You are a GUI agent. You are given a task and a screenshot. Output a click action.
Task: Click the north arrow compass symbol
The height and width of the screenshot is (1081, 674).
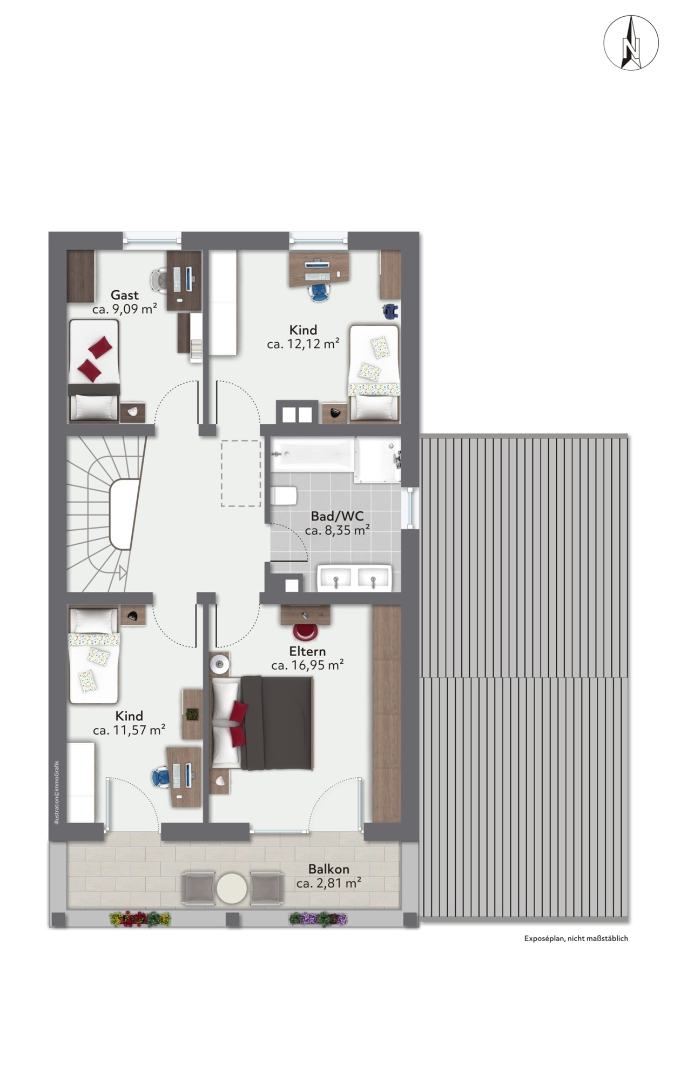pos(630,43)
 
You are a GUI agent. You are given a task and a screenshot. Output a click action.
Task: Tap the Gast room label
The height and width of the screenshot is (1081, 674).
pos(125,295)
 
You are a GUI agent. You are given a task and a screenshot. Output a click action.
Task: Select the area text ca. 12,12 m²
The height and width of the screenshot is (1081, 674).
pos(303,344)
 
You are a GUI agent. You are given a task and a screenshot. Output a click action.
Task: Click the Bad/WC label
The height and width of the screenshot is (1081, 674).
pos(337,516)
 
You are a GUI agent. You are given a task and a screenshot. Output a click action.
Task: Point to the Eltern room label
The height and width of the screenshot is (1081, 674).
pos(307,651)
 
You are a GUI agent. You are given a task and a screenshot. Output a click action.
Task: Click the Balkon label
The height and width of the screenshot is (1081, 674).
pos(328,869)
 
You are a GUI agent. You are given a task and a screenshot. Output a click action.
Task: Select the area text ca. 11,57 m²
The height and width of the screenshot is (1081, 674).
pos(129,730)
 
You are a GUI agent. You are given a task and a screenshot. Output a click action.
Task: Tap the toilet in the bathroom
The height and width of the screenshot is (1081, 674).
pos(284,496)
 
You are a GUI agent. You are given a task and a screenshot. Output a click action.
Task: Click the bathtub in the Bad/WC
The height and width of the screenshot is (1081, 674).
pos(313,454)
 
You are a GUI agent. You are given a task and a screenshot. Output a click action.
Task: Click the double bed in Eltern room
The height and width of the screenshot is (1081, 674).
pos(262,722)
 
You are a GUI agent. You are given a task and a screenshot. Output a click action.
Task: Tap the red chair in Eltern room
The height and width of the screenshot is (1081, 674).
pos(305,631)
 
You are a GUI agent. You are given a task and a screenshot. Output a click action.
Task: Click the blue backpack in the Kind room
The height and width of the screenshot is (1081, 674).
pos(390,311)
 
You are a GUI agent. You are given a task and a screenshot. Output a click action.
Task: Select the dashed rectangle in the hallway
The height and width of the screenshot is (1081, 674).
pos(241,473)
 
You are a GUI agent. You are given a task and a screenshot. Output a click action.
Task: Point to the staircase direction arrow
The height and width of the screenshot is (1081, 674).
pos(123,572)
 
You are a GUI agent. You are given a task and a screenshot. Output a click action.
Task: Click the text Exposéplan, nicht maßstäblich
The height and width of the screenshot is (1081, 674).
pos(576,938)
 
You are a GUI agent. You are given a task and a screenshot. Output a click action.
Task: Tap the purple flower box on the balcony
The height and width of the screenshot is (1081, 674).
pos(318,918)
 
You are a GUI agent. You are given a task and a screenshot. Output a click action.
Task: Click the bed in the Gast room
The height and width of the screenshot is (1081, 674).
pos(93,370)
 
